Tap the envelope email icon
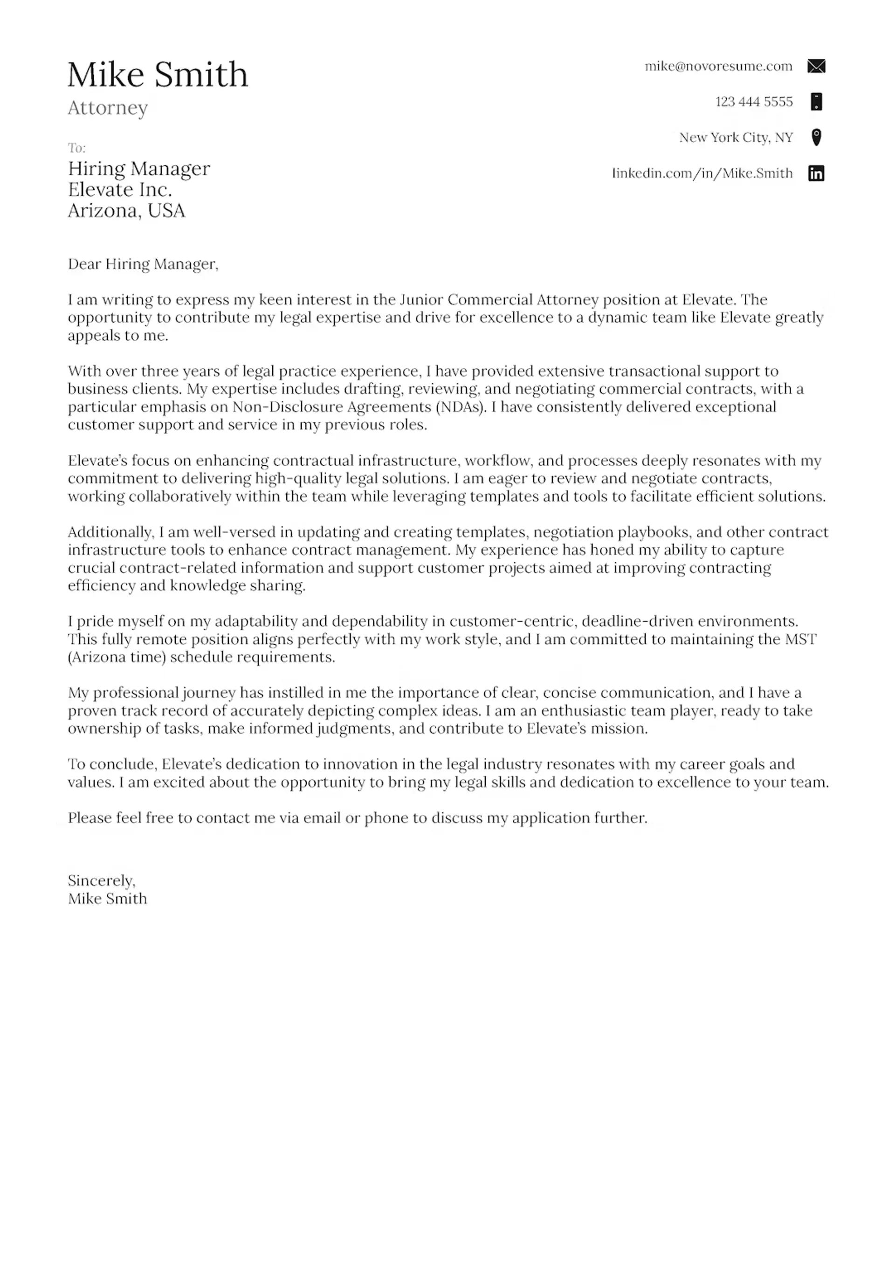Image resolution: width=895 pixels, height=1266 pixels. [x=816, y=66]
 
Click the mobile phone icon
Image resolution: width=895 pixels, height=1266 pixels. [x=817, y=102]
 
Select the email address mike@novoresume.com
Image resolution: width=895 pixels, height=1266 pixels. [x=718, y=66]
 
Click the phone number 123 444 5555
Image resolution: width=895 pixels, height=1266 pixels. [x=753, y=102]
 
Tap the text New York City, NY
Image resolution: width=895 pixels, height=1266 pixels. [x=736, y=138]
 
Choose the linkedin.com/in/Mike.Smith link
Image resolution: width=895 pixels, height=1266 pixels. [x=702, y=173]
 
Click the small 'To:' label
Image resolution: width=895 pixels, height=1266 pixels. [x=76, y=148]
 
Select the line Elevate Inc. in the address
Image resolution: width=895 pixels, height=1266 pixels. [x=120, y=190]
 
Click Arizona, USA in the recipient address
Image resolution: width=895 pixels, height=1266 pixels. [x=126, y=211]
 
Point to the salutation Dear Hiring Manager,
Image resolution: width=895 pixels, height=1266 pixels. [x=143, y=264]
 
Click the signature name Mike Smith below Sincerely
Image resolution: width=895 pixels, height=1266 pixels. [x=108, y=898]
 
